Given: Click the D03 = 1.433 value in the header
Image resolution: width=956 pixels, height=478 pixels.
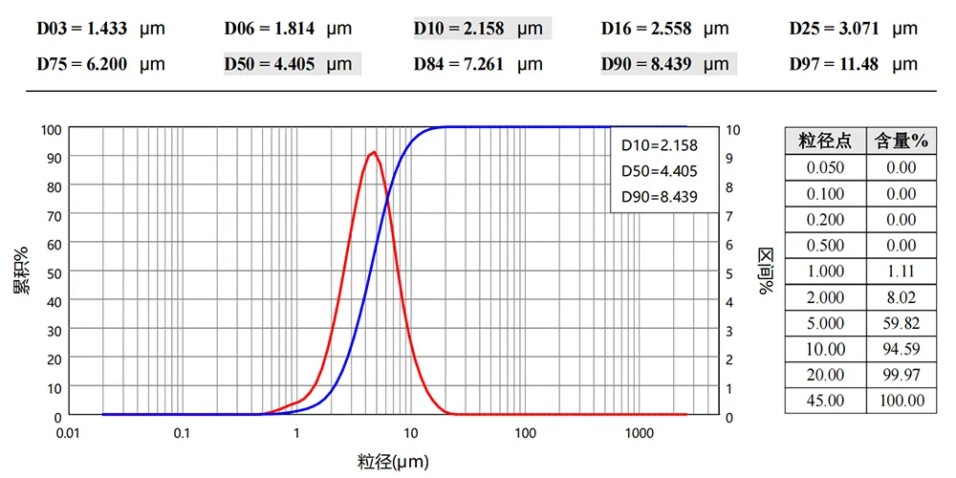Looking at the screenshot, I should click(x=100, y=29).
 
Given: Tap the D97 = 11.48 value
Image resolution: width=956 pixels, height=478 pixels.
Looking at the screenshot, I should click(x=853, y=65).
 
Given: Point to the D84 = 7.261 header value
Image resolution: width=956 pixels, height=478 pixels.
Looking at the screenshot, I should click(x=478, y=65).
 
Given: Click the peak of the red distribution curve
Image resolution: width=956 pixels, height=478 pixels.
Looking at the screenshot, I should click(x=374, y=152).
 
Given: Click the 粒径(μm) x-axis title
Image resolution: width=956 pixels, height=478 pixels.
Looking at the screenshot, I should click(x=393, y=463).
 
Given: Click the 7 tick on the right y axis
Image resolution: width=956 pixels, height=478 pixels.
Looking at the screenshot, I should click(x=731, y=215).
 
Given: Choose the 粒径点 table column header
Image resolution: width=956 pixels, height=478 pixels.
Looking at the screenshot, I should click(x=825, y=141).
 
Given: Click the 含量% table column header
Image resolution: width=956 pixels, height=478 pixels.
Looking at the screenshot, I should click(x=902, y=141).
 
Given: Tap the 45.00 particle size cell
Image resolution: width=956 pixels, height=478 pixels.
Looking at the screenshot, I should click(x=825, y=401).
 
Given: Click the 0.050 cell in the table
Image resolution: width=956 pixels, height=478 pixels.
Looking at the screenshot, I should click(x=825, y=167).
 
